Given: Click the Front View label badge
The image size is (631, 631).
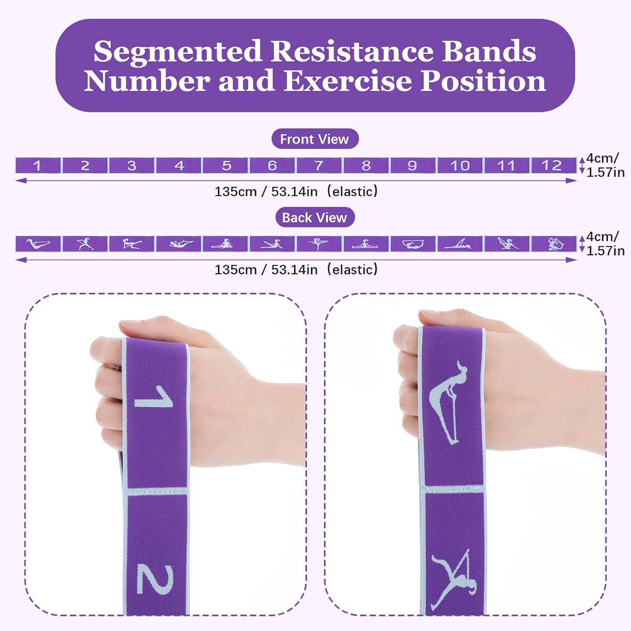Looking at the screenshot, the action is (315, 139).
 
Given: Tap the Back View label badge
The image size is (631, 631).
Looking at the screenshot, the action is (315, 217).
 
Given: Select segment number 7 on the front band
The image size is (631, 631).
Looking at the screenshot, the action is (319, 165).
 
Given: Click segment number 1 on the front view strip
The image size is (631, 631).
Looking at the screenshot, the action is (38, 165).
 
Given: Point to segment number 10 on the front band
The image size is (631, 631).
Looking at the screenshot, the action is (460, 165).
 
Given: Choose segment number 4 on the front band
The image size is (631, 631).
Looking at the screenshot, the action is (179, 165).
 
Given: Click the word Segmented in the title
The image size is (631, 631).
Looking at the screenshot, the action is (178, 52).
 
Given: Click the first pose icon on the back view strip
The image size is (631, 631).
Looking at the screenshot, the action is (38, 244).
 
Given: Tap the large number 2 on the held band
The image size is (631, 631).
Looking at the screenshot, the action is (155, 580).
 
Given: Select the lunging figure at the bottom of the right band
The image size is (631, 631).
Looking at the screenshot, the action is (453, 578).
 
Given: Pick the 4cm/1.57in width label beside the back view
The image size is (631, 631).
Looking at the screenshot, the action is (605, 244).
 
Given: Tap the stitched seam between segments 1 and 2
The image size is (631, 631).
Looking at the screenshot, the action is (156, 491).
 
